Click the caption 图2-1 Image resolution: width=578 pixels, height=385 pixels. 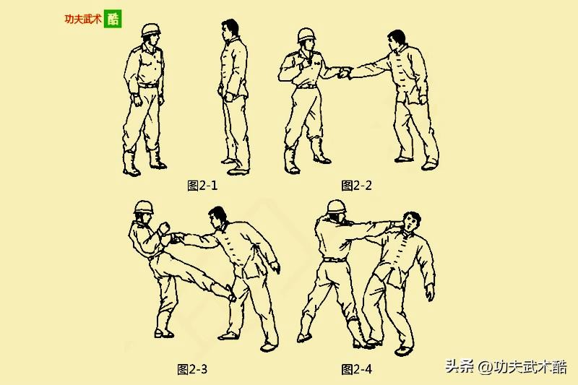pos(202,186)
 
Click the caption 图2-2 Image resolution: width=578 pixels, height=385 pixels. pos(356,186)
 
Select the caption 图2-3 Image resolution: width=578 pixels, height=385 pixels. pos(192,369)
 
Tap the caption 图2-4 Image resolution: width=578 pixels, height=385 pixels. pos(356,369)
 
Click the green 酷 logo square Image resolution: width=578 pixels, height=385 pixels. pos(113,19)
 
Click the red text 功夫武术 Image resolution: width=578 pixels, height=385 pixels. pos(83,19)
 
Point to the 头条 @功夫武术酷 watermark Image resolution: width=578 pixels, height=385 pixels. pos(506,366)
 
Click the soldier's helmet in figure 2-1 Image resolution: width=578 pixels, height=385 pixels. pos(150,30)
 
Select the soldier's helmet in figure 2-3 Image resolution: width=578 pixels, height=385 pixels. pos(143,207)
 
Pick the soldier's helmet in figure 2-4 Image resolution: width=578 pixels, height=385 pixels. pos(337,207)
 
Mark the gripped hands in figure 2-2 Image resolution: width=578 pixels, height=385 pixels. pos(345,73)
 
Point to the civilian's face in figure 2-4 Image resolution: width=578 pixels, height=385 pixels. pos(410,224)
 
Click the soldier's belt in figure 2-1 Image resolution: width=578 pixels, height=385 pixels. pos(148,86)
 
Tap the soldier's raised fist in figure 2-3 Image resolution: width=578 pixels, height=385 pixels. pos(164,228)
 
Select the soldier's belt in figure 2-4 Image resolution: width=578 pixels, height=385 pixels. pos(335,260)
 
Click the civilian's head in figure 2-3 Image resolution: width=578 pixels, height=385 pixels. pos(217,217)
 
